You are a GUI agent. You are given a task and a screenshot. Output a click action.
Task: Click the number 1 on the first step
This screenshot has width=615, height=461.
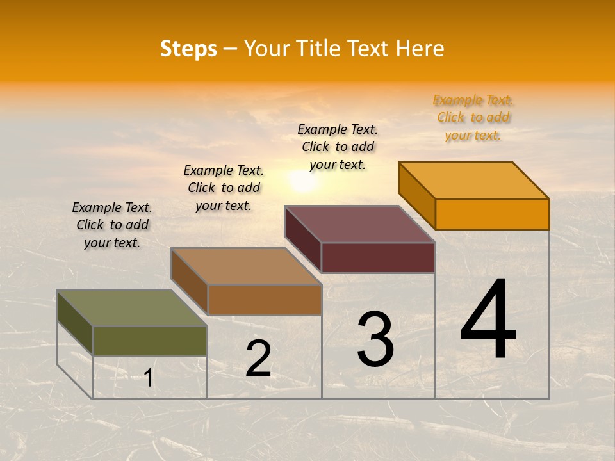coord(149,378)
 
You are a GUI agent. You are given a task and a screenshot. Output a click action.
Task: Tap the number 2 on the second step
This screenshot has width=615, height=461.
coord(258,359)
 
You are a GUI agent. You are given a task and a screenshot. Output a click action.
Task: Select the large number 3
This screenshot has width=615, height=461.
coord(375,339)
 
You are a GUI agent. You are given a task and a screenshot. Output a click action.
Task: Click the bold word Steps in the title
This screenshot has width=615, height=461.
coord(188,49)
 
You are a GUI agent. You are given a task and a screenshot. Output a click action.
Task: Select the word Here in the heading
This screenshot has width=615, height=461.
coord(420,49)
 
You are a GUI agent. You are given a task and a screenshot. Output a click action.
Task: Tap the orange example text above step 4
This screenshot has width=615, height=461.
coord(473,118)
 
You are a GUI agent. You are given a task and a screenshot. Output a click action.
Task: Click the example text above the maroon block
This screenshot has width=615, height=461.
coord(338,147)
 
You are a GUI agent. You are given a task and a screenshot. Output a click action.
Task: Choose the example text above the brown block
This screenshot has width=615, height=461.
coord(224,188)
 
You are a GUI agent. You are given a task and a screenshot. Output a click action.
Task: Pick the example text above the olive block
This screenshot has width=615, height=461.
coord(112,225)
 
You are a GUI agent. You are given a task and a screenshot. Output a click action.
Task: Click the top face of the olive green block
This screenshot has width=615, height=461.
coord(132,308)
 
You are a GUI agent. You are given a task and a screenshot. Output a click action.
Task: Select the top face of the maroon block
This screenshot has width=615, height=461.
coord(360,224)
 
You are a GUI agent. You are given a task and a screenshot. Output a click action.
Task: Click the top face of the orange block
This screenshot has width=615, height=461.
coord(474,181)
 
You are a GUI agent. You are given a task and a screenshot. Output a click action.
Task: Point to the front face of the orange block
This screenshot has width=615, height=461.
coord(492,214)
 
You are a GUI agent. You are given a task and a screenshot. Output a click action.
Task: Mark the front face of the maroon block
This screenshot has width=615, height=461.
coord(378,257)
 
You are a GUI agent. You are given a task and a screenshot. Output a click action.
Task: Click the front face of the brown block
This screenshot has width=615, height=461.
coord(265,300)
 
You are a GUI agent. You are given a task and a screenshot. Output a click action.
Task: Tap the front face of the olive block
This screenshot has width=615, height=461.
coord(150,341)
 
